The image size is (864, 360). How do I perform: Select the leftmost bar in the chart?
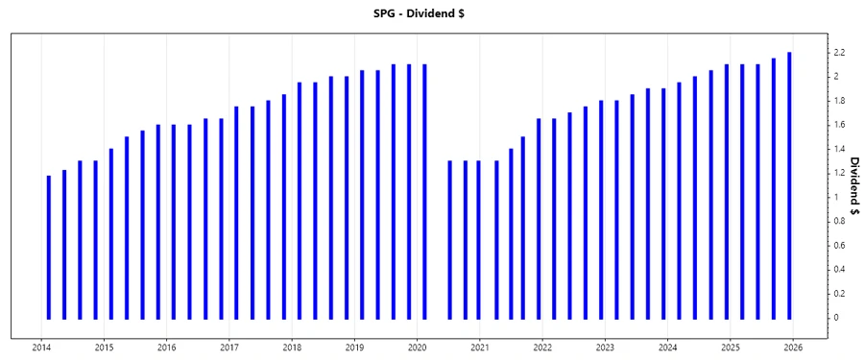tap(48, 247)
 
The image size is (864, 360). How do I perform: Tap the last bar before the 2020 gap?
tap(424, 191)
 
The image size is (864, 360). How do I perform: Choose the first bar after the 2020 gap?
tap(449, 239)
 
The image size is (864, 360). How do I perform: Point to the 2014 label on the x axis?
tap(41, 348)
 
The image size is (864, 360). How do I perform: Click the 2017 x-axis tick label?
tap(229, 348)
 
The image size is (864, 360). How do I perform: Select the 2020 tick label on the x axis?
tap(418, 348)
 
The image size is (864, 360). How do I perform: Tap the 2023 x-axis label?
tap(605, 348)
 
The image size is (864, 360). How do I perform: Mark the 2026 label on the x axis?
tap(793, 348)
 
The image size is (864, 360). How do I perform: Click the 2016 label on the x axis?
tap(167, 348)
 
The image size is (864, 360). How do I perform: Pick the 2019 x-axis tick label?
tap(355, 348)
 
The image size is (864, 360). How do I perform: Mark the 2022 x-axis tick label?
tap(542, 348)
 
